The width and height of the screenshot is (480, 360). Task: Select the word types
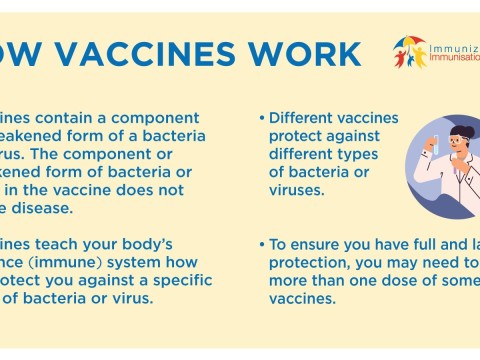(356, 154)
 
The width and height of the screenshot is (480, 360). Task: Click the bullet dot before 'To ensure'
(261, 245)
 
